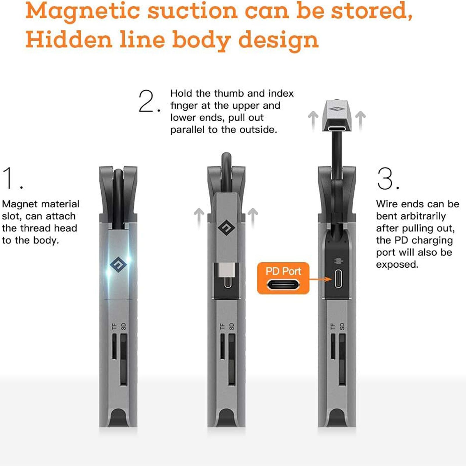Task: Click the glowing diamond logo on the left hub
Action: click(x=118, y=265)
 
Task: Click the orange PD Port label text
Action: click(x=283, y=271)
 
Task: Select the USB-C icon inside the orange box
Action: click(x=283, y=285)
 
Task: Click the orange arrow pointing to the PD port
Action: click(x=320, y=279)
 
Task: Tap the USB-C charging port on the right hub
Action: click(x=338, y=279)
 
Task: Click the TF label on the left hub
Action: click(x=114, y=326)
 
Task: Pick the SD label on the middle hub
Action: click(x=232, y=326)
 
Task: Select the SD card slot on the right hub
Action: click(x=342, y=359)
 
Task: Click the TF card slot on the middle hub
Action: click(x=223, y=346)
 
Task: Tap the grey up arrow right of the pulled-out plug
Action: click(x=360, y=121)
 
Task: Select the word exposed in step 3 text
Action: click(x=397, y=264)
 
